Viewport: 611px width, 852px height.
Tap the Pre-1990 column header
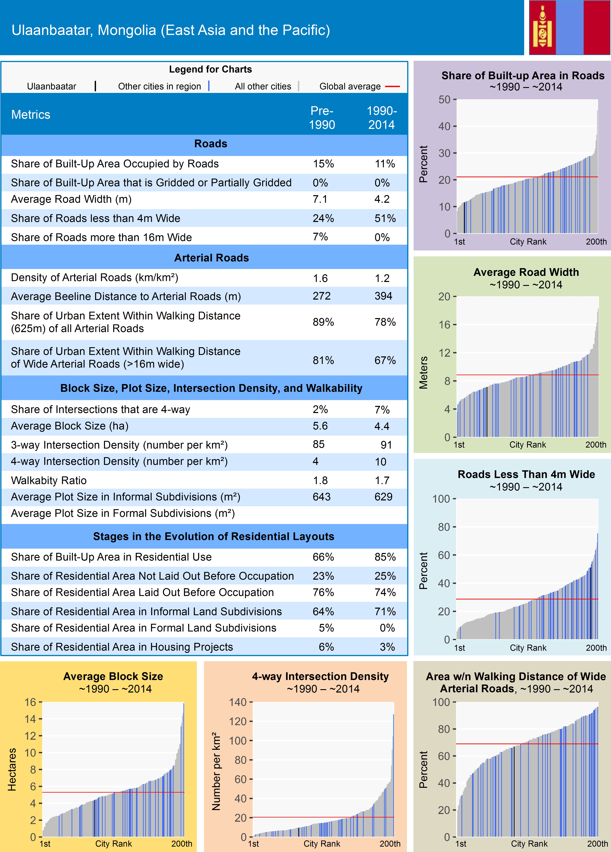point(322,118)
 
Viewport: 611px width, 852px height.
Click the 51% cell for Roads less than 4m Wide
point(385,218)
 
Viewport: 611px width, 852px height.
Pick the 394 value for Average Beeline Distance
point(383,296)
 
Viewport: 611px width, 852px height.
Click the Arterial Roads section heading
point(211,258)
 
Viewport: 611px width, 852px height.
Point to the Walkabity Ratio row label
point(49,480)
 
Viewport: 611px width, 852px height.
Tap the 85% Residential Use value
point(385,557)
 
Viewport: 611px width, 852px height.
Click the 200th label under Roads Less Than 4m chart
point(596,648)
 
